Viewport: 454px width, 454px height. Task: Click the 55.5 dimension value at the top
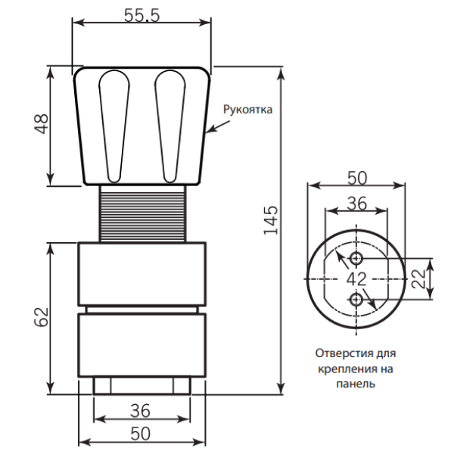click(x=141, y=15)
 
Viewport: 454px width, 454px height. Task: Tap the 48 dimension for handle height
click(x=42, y=124)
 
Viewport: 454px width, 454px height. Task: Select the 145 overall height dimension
click(x=271, y=220)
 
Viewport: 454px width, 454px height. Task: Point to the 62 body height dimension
click(x=42, y=317)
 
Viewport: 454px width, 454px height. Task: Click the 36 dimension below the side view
click(x=141, y=411)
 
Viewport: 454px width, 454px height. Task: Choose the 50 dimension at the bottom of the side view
click(x=141, y=434)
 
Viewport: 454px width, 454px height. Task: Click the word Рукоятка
click(x=247, y=110)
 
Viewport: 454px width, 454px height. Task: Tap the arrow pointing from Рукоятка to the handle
click(x=218, y=126)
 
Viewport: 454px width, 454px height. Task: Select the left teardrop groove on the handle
click(x=114, y=126)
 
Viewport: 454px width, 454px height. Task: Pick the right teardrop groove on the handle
click(x=170, y=126)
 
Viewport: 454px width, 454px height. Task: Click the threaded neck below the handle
click(x=143, y=213)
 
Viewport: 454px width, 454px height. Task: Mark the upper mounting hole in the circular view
click(x=356, y=258)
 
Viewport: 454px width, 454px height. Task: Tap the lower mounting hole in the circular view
click(x=356, y=300)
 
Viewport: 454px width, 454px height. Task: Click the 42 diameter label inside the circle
click(x=356, y=279)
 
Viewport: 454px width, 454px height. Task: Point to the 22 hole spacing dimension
click(x=418, y=278)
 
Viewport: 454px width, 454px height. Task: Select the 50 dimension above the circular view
click(x=357, y=178)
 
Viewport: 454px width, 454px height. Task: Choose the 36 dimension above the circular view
click(x=357, y=204)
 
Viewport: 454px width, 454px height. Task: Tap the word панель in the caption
click(x=356, y=384)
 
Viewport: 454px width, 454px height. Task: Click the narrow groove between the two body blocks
click(x=142, y=309)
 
